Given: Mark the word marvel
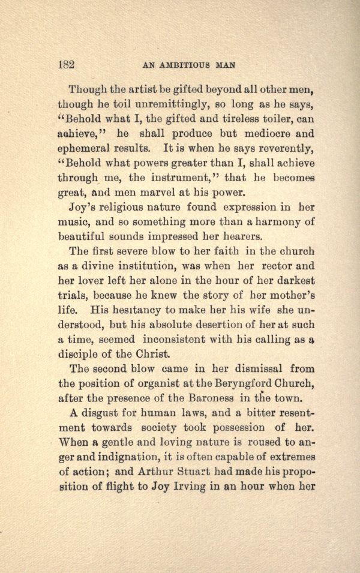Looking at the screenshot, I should click(193, 193).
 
